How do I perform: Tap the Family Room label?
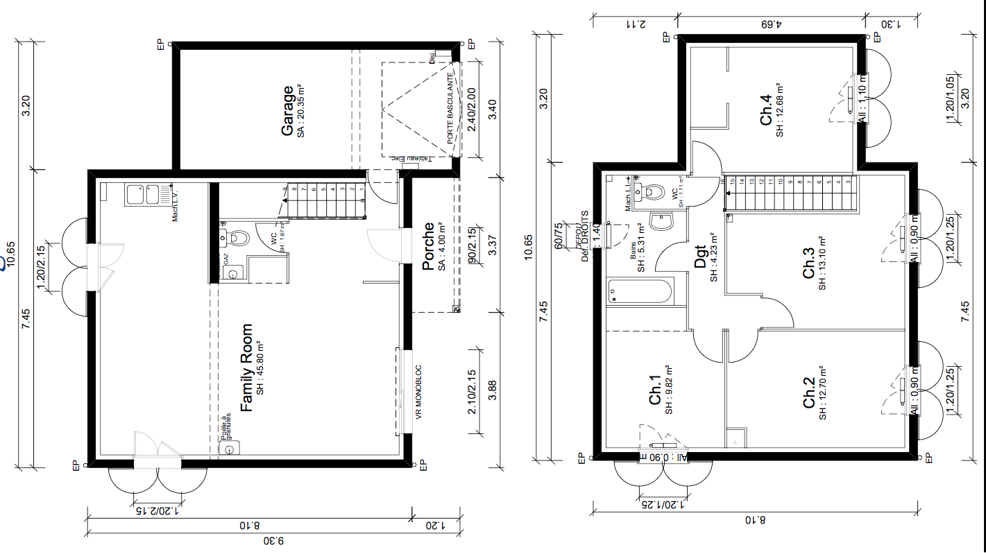pyautogui.click(x=246, y=367)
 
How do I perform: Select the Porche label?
pyautogui.click(x=428, y=246)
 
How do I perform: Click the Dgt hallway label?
pyautogui.click(x=700, y=258)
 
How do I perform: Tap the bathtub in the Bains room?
pyautogui.click(x=639, y=291)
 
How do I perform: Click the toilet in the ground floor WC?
pyautogui.click(x=238, y=238)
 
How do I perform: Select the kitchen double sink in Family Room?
pyautogui.click(x=142, y=194)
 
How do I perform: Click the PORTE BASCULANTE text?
pyautogui.click(x=450, y=109)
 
